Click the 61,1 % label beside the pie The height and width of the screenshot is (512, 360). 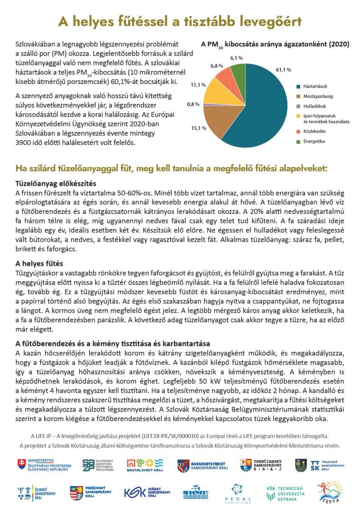click(x=283, y=70)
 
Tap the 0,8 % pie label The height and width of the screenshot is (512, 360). click(x=194, y=104)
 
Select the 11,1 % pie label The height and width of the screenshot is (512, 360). click(x=198, y=85)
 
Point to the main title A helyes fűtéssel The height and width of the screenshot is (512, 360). click(x=180, y=21)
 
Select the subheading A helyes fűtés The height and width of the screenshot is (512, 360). click(x=39, y=264)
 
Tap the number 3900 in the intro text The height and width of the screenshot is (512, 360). click(x=24, y=143)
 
